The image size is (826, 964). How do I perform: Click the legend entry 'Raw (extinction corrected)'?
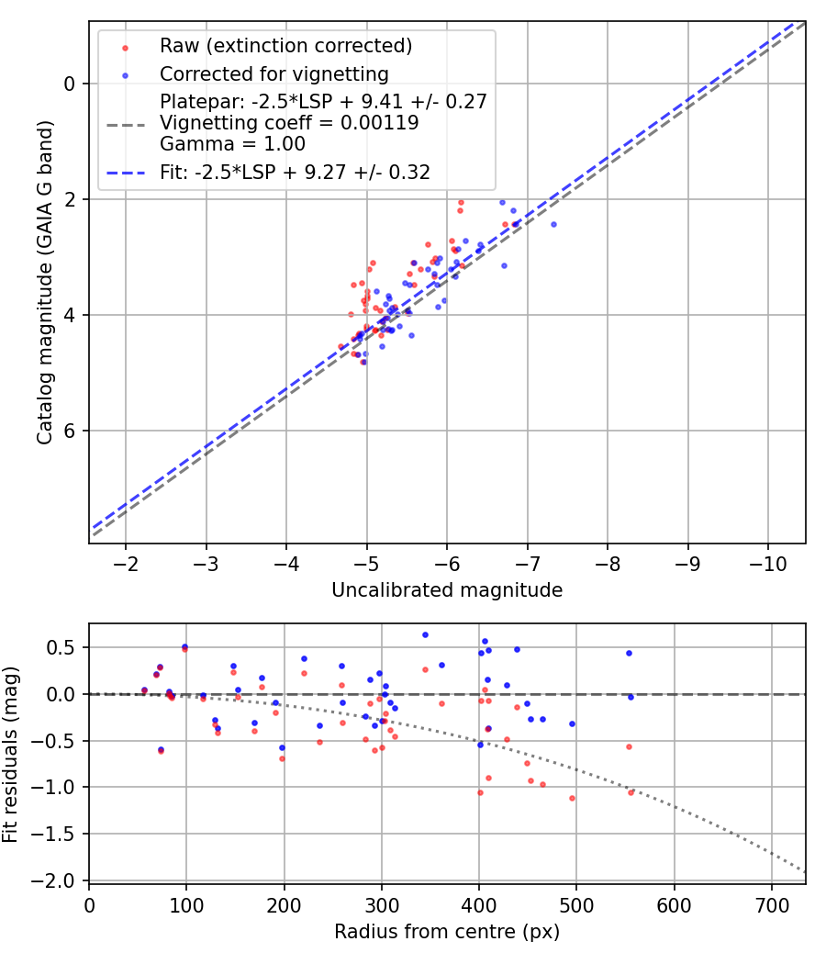(x=285, y=46)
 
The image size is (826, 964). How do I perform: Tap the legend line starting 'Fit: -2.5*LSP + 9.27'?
(x=295, y=172)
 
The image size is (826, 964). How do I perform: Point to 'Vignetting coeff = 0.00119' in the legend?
(x=289, y=123)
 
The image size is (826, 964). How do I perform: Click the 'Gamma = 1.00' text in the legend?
(x=232, y=144)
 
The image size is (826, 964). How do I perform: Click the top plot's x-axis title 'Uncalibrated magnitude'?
(x=447, y=590)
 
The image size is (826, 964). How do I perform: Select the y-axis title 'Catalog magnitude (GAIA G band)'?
(x=46, y=282)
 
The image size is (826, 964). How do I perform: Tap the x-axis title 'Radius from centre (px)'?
(x=447, y=932)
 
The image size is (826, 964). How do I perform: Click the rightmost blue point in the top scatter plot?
(x=553, y=224)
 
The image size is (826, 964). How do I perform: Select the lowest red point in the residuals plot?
(x=572, y=798)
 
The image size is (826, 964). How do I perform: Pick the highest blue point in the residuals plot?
(x=425, y=634)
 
